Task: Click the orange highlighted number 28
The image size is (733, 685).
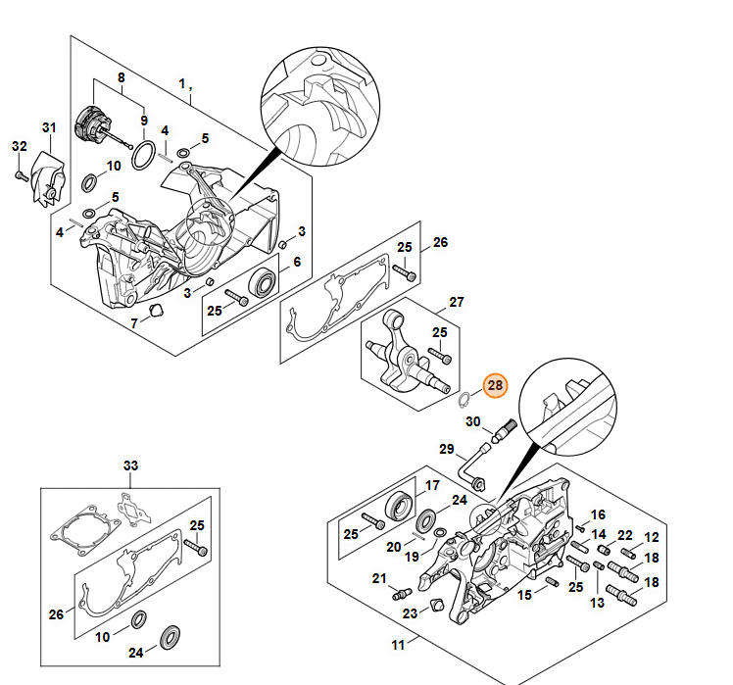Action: (x=495, y=385)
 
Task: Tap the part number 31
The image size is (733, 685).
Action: (x=49, y=128)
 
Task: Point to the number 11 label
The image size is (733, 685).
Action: (x=398, y=644)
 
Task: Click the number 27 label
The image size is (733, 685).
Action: (x=457, y=302)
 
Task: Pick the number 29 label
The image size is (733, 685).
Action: (x=447, y=450)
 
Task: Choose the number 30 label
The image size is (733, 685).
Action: (x=472, y=422)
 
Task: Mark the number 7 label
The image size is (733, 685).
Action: (x=134, y=324)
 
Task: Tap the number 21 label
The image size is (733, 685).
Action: (x=379, y=579)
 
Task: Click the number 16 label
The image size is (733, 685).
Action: (x=598, y=514)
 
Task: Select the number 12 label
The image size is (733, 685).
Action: (x=652, y=538)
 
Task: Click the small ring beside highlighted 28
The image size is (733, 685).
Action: (x=464, y=397)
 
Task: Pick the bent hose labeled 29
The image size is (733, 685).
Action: (x=474, y=472)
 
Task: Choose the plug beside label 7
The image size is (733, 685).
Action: (x=154, y=311)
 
